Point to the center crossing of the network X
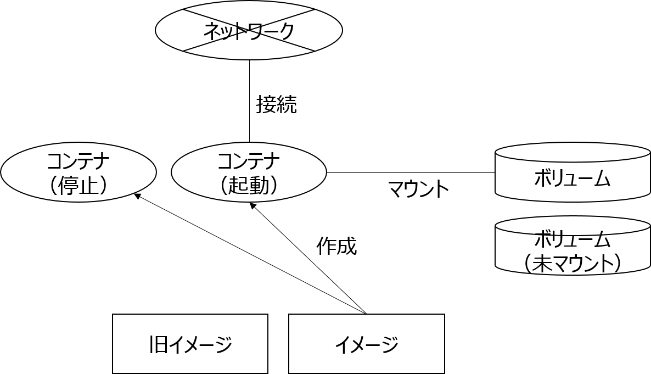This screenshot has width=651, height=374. coord(249,30)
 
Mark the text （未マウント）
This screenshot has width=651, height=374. coord(573,263)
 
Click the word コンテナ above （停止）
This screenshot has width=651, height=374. coord(78,161)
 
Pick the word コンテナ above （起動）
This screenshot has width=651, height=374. coord(249,161)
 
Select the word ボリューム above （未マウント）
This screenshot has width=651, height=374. coord(573,240)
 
